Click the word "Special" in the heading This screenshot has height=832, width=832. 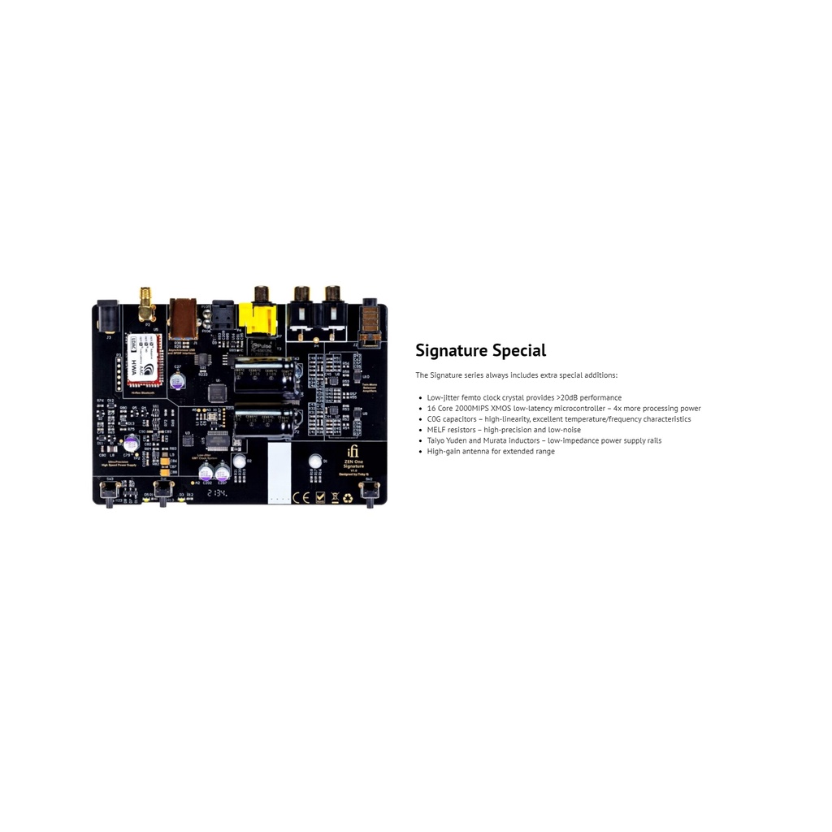click(519, 351)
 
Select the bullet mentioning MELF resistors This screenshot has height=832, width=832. click(504, 430)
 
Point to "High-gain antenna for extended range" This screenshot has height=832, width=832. click(491, 452)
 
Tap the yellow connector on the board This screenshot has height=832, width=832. click(258, 318)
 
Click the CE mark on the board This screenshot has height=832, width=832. click(300, 497)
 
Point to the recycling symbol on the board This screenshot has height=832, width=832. click(348, 497)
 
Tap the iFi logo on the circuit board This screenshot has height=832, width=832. click(352, 452)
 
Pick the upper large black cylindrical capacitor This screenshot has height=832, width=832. click(266, 375)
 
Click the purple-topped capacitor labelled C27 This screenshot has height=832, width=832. click(177, 379)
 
